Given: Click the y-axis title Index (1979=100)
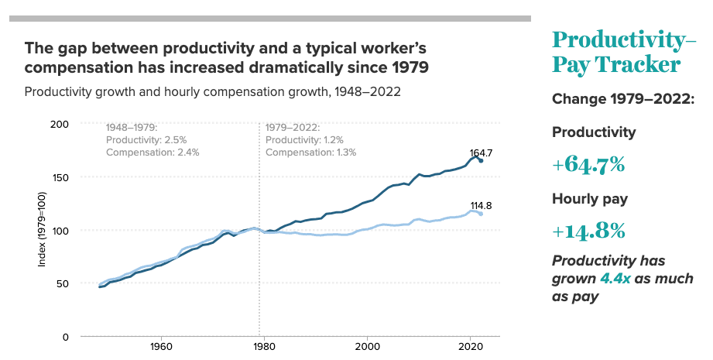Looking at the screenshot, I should tap(43, 230).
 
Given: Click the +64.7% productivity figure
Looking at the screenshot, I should tap(588, 165).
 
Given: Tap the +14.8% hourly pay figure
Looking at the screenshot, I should tap(588, 231).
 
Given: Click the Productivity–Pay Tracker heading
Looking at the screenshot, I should tap(618, 52).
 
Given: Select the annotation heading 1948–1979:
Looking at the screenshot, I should tap(132, 126).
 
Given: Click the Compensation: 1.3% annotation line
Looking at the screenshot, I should tap(310, 153).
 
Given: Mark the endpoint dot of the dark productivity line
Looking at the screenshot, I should tap(481, 160).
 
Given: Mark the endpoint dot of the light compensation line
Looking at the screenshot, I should tap(481, 214).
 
